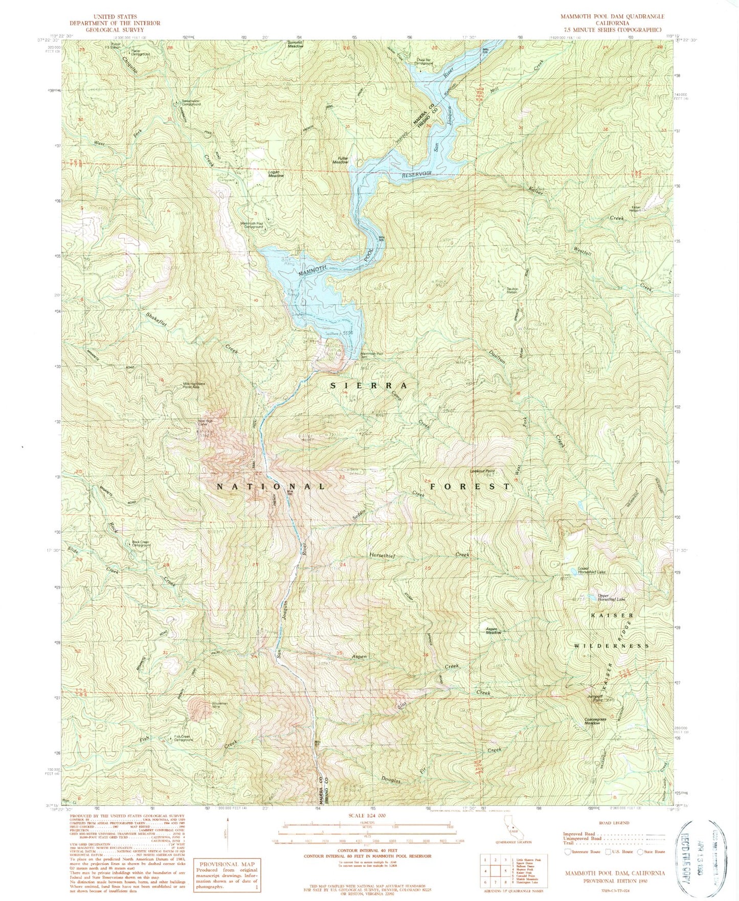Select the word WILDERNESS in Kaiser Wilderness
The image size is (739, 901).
click(x=612, y=645)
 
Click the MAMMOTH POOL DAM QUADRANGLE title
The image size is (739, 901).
click(x=612, y=16)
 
